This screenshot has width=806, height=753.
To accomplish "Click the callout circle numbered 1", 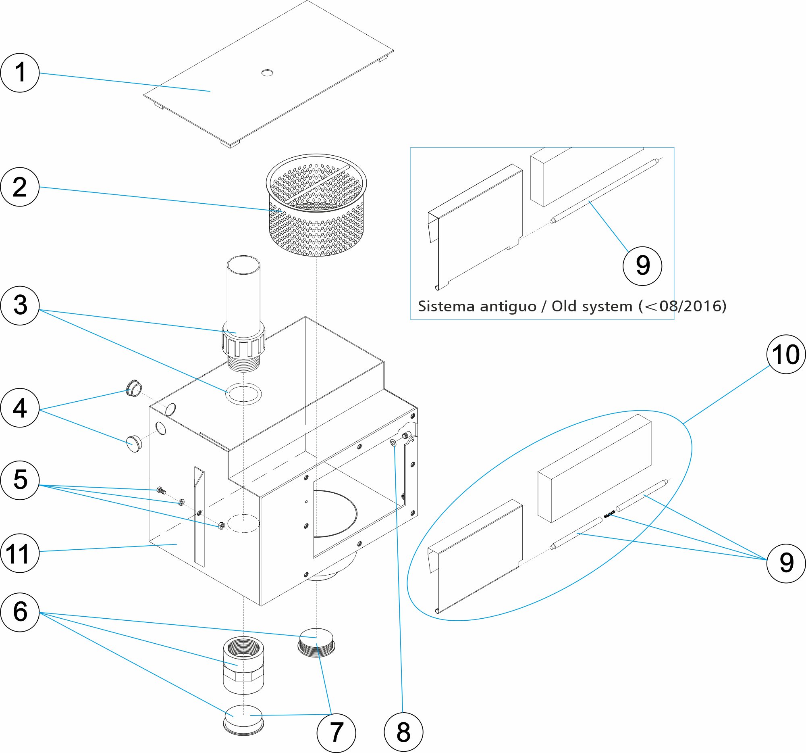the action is point(20,73).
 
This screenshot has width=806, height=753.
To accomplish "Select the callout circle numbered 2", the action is point(20,187).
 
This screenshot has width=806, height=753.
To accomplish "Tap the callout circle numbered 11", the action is point(20,553).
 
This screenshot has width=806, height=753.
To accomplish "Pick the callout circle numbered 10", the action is point(786,354).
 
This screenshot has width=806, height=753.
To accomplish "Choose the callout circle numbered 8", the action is point(403,732).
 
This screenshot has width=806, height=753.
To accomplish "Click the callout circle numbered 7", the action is point(336,732).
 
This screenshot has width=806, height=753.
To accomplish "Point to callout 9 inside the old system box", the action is point(642,266).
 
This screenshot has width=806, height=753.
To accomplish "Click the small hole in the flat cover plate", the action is point(267,73).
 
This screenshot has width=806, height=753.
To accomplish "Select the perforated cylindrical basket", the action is point(316,205).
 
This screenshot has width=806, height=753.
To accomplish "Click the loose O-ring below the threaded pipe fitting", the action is point(243,394).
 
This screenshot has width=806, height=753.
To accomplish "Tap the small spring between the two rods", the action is point(609,515).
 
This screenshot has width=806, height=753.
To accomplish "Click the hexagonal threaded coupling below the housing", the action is point(244,665).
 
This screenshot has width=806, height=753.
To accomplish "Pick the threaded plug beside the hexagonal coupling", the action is point(317,642).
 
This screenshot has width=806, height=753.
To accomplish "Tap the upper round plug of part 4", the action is point(134,388).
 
